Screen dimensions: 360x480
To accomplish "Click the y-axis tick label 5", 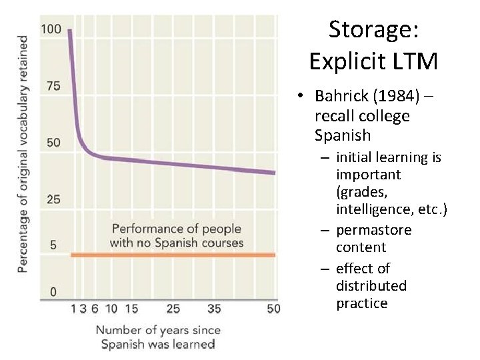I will (53, 245).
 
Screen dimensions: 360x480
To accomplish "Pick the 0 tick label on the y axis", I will (53, 292).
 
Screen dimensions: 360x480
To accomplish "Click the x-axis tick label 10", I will (111, 309).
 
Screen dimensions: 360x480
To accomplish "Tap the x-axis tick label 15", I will (131, 309).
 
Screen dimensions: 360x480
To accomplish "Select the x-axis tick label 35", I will (214, 309).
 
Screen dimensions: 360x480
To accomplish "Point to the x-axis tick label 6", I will (95, 309).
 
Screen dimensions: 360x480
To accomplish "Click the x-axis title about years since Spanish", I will (158, 337).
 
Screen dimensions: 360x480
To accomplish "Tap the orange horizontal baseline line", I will (173, 255).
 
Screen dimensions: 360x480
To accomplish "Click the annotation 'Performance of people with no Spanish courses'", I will (177, 236).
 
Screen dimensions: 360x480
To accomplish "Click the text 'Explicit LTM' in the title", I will (373, 61).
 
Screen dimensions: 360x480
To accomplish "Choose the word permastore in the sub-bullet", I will (374, 230).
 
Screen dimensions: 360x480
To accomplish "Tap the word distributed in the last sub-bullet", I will (371, 286).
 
